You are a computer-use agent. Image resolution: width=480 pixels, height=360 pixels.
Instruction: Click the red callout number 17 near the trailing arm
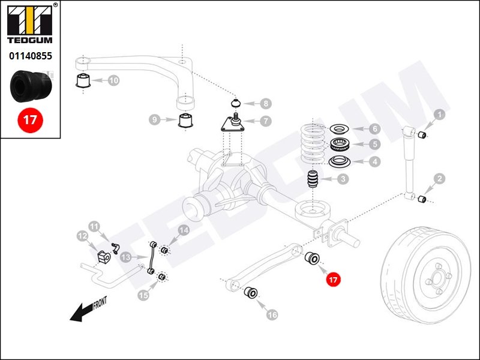[333, 279]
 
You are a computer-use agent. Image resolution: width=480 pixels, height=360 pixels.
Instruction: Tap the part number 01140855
[29, 56]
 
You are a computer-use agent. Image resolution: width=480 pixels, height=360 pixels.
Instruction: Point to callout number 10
[113, 80]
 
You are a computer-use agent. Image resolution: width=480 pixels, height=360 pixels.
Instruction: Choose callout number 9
[155, 120]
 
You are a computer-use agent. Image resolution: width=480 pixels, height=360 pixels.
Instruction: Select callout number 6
[374, 128]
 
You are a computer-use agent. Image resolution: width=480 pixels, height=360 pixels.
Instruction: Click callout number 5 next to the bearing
[374, 145]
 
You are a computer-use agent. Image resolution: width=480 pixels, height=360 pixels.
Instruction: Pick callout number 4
[374, 161]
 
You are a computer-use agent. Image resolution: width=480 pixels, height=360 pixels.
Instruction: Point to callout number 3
[343, 179]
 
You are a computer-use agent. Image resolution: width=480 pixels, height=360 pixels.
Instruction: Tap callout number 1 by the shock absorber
[439, 114]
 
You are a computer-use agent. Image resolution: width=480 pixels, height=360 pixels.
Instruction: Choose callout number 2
[440, 178]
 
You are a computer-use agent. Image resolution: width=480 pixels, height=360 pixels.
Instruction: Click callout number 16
[272, 314]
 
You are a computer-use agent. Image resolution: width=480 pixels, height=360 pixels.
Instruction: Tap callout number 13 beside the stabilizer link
[125, 257]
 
